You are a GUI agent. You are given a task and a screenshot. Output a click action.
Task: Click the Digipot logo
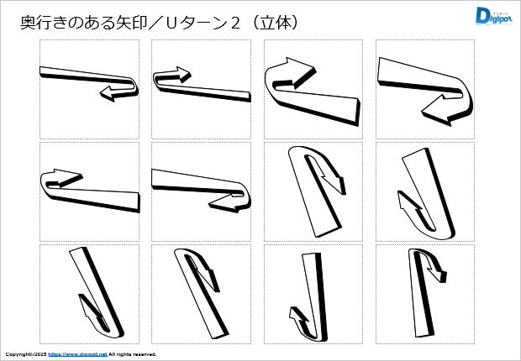[493, 16]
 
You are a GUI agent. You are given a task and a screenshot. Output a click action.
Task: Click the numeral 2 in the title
[235, 23]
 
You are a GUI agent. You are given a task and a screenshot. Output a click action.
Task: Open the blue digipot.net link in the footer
[78, 354]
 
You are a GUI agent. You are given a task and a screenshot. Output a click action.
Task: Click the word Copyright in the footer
[18, 354]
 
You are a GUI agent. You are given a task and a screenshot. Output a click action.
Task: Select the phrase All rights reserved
[133, 354]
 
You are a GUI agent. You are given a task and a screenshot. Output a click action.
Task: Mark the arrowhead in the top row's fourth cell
[436, 111]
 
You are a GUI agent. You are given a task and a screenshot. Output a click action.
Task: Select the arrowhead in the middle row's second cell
[225, 203]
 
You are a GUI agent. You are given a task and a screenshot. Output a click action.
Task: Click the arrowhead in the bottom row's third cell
[297, 314]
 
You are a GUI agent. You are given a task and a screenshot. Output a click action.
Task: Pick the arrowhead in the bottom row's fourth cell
[437, 272]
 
